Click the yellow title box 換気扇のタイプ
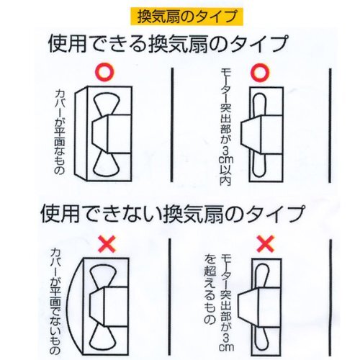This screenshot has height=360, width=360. (x=187, y=17)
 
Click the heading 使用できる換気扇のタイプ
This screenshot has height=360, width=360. (x=168, y=44)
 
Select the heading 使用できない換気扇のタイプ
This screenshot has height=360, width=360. (x=173, y=214)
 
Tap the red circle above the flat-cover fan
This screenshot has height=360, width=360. (x=104, y=72)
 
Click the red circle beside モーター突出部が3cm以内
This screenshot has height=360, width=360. (x=260, y=72)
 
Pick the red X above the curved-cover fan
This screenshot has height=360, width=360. (x=107, y=243)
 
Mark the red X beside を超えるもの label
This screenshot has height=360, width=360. (x=266, y=243)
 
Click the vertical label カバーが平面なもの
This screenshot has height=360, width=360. (x=60, y=132)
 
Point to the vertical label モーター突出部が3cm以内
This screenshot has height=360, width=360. (x=226, y=127)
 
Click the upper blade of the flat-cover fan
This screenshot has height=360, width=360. (x=107, y=104)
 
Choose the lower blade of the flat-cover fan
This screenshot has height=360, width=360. (x=107, y=164)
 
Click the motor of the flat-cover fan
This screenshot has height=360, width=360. (x=112, y=134)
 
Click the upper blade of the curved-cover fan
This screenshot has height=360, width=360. (x=103, y=276)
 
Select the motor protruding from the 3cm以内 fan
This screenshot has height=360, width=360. (x=261, y=134)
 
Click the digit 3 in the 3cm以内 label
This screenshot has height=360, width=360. (x=226, y=152)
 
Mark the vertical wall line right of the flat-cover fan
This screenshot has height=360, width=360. (x=172, y=125)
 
